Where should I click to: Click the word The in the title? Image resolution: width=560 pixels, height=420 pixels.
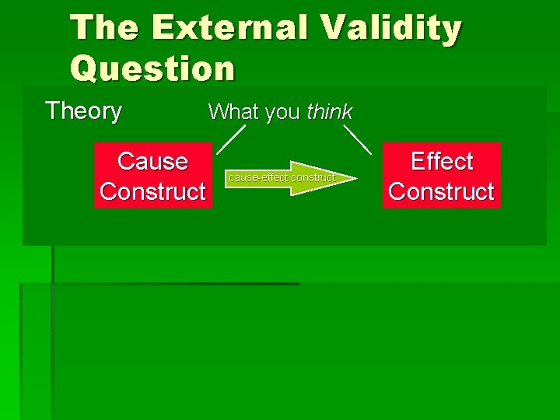106,28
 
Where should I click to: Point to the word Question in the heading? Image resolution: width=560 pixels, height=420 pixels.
152,68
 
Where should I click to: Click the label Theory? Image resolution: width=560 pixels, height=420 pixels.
84,111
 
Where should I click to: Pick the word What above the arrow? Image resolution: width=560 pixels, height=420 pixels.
234,112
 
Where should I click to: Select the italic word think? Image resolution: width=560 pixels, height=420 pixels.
330,112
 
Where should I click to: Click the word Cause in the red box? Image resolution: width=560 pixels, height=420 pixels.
152,161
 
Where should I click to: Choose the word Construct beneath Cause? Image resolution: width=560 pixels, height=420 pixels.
152,191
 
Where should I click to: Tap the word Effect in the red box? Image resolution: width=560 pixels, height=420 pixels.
441,161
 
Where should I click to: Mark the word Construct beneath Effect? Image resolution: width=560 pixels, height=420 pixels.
441,191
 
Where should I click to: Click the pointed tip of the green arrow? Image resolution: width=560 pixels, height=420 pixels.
355,178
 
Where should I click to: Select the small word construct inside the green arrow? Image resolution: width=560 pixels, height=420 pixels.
313,178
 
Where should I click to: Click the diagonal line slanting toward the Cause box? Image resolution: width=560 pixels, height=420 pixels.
231,138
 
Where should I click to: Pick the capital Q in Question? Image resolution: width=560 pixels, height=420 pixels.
84,68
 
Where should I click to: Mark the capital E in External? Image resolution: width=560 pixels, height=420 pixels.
164,28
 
